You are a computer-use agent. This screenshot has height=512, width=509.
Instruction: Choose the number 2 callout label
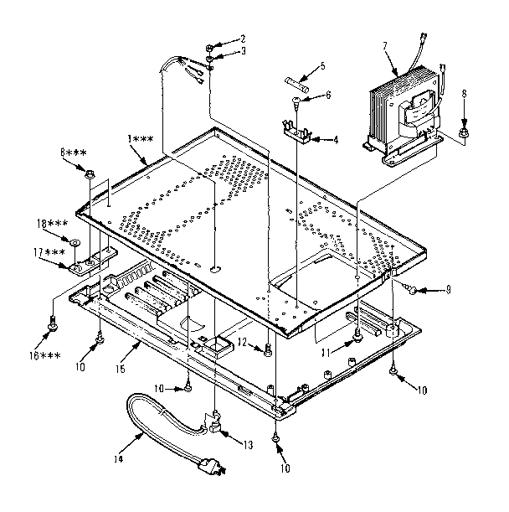tap(243, 39)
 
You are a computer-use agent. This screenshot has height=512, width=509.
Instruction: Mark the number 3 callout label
tap(243, 51)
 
